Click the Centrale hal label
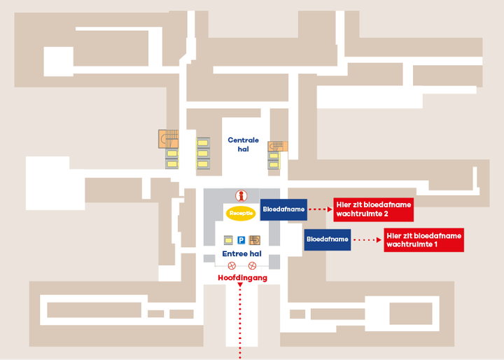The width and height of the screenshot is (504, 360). pyautogui.click(x=243, y=144)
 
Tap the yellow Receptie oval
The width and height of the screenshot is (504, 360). pyautogui.click(x=240, y=212)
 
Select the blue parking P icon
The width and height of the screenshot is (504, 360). pyautogui.click(x=241, y=240)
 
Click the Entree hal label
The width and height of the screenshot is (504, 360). pyautogui.click(x=241, y=254)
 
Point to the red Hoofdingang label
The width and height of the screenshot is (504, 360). pyautogui.click(x=242, y=278)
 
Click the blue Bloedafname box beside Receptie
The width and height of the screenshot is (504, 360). pyautogui.click(x=283, y=209)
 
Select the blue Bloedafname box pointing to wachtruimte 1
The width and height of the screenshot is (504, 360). pyautogui.click(x=327, y=240)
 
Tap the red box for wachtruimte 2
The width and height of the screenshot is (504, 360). pyautogui.click(x=372, y=209)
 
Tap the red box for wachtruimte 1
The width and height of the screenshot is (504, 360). pyautogui.click(x=423, y=240)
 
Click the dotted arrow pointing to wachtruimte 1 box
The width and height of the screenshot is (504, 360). pyautogui.click(x=367, y=240)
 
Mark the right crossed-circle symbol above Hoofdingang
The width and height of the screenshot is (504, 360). pyautogui.click(x=252, y=265)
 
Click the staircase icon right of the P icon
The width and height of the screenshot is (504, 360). pyautogui.click(x=254, y=240)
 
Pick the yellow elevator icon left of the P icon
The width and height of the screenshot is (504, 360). pyautogui.click(x=227, y=240)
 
